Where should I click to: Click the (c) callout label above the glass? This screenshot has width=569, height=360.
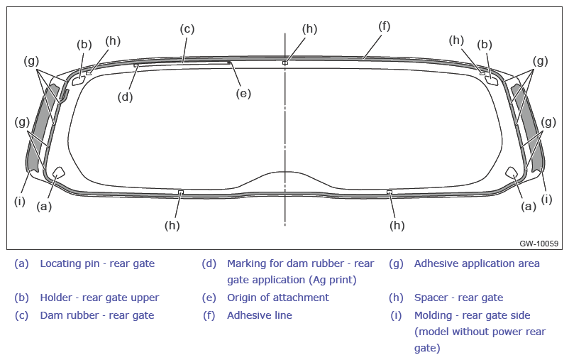[187, 29]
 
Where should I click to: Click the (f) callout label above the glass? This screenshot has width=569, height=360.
[385, 26]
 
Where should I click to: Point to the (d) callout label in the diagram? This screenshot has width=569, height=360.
[125, 97]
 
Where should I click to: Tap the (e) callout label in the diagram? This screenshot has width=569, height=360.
[243, 93]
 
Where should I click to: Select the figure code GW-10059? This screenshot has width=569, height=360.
[539, 244]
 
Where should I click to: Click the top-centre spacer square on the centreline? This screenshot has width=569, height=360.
[285, 63]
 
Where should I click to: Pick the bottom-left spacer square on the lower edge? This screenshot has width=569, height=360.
[181, 192]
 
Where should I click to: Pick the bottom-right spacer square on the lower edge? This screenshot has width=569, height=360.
[390, 192]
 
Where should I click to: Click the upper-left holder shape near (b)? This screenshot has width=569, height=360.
[78, 81]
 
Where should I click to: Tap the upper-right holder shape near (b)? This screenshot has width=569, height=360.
[492, 80]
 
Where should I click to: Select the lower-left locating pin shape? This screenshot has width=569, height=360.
[58, 173]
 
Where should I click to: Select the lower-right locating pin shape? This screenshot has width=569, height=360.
[512, 173]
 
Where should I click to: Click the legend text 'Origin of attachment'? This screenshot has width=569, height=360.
[278, 298]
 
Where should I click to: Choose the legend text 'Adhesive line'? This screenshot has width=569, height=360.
[260, 315]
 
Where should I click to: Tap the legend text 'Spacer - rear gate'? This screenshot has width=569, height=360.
[459, 298]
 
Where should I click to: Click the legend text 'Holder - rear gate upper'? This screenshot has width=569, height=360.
[99, 298]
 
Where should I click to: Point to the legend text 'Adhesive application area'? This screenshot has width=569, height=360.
[477, 263]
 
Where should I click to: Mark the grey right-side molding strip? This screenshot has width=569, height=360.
[527, 128]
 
